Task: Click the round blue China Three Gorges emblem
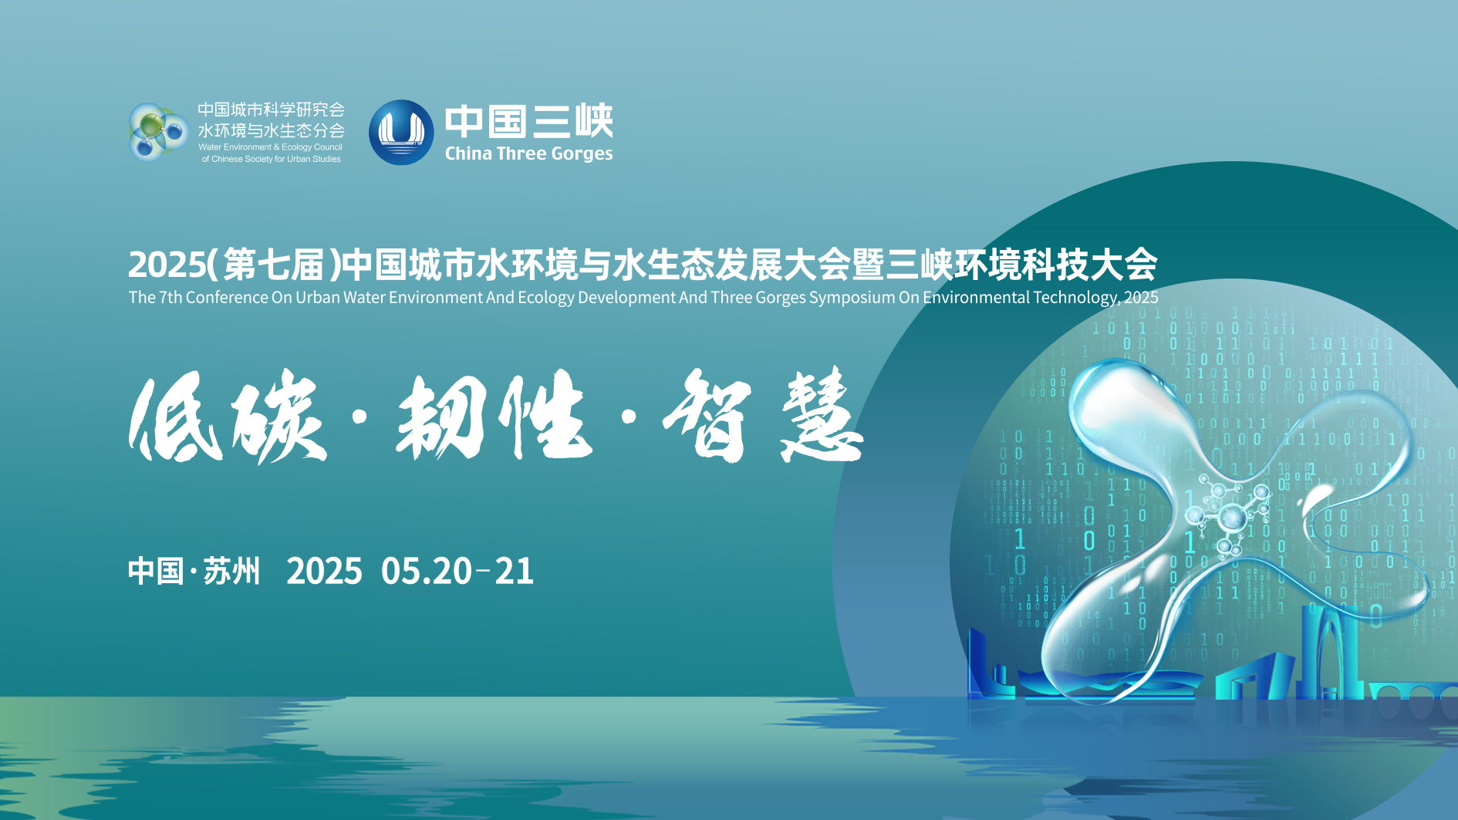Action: pos(401,132)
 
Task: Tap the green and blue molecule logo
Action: pos(159,132)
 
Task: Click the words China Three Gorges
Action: pos(528,154)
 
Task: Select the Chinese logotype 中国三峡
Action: pos(528,121)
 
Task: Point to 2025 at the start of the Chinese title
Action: pos(167,265)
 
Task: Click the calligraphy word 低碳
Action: pos(228,417)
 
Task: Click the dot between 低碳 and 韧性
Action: pos(359,417)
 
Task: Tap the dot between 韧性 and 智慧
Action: pos(628,417)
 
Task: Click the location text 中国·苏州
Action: pos(194,572)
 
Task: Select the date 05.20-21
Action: pos(457,572)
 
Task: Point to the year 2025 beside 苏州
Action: pos(324,572)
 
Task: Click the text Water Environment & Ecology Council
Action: pos(270,147)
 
